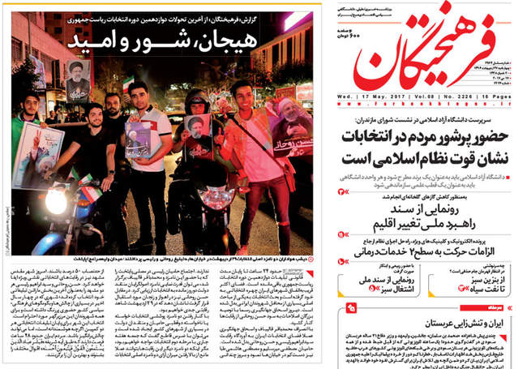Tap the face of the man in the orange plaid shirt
[x=240, y=93]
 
